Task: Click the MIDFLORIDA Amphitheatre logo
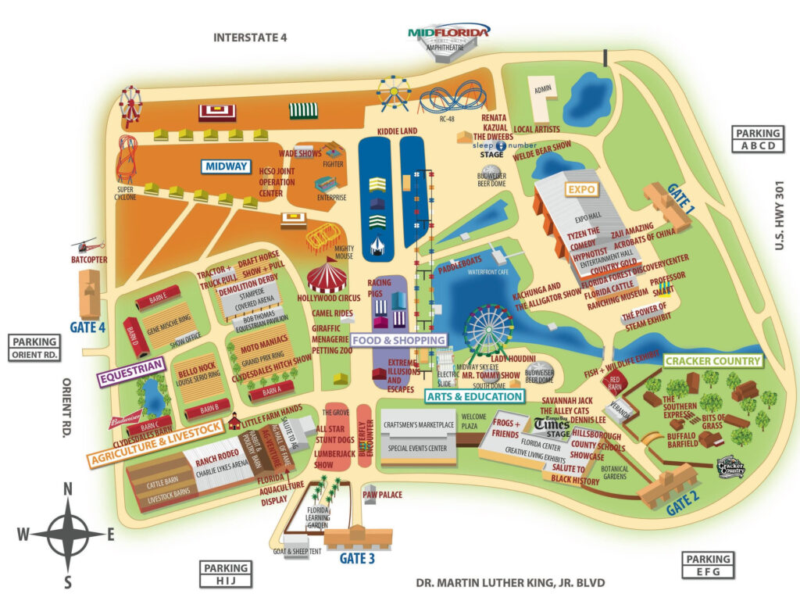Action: [x=448, y=31]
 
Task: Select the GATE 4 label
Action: [x=87, y=327]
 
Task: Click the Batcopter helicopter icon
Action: [x=87, y=245]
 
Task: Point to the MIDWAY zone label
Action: [x=226, y=166]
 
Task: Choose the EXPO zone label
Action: [x=582, y=190]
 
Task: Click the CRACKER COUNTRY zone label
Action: [x=712, y=361]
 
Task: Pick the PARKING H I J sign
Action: [x=226, y=574]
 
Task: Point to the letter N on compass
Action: [x=68, y=490]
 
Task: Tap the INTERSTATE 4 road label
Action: [x=250, y=38]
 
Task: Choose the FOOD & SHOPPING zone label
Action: [x=398, y=340]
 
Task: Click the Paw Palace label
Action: [x=382, y=495]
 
